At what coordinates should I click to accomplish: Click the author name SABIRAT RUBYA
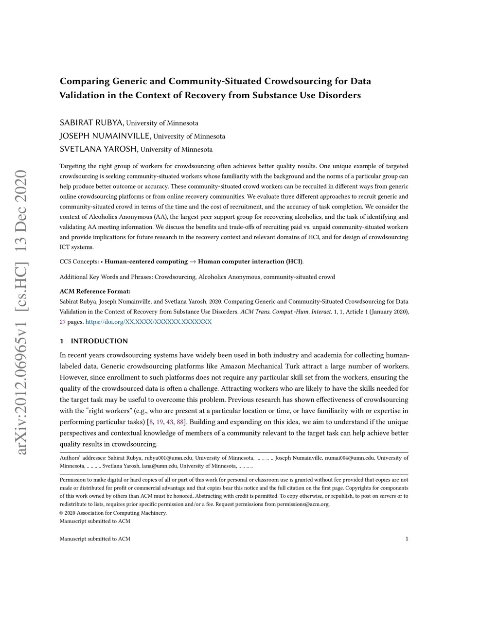[x=91, y=122]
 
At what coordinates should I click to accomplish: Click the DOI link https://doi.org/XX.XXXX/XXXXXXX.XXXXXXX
[x=148, y=322]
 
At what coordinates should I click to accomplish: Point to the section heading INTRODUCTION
[x=99, y=341]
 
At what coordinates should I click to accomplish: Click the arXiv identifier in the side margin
[x=21, y=313]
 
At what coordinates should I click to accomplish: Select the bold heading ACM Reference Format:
[x=95, y=291]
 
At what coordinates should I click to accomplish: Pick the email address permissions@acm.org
[x=303, y=504]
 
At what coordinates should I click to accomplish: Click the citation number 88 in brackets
[x=180, y=422]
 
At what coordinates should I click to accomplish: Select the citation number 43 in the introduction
[x=170, y=422]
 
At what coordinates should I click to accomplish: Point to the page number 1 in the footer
[x=406, y=539]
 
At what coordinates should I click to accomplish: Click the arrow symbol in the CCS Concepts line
[x=193, y=261]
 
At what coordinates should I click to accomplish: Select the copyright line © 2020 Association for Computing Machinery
[x=113, y=513]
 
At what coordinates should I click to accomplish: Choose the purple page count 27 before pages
[x=63, y=322]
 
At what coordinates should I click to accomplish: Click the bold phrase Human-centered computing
[x=146, y=261]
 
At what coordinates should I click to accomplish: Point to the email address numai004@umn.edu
[x=350, y=458]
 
